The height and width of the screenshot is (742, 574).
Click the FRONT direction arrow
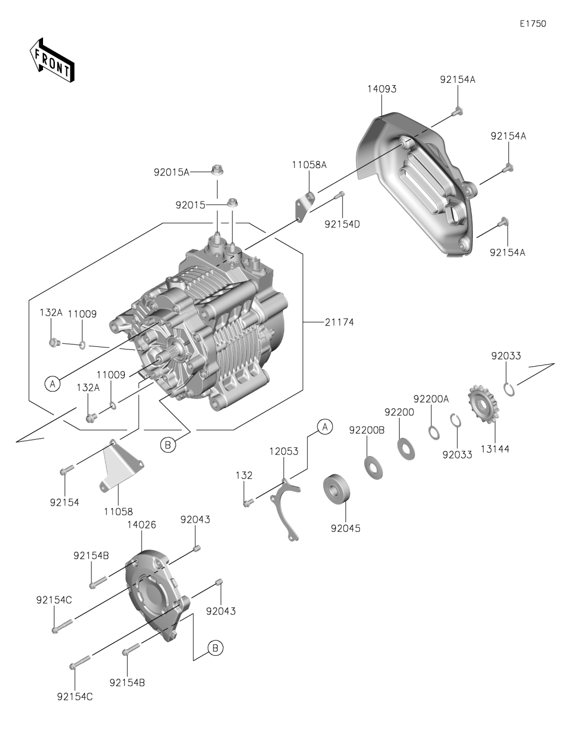point(52,60)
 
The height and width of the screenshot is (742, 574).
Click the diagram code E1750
point(533,24)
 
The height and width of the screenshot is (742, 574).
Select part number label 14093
point(382,89)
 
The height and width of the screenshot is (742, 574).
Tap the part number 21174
point(339,322)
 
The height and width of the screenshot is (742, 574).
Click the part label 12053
point(284,451)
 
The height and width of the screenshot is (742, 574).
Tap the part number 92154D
point(342,224)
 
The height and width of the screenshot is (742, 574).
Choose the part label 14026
point(141,524)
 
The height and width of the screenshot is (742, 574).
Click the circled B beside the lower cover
point(215,648)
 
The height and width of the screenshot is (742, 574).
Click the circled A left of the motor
point(52,384)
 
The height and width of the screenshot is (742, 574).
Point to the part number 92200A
point(431,399)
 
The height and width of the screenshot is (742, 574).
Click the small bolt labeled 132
point(247,503)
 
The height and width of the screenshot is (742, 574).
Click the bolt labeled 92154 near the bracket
point(63,472)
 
